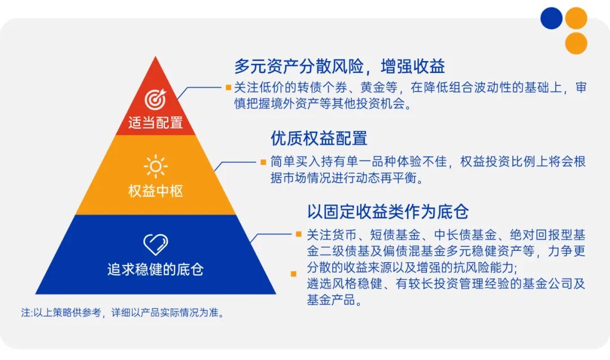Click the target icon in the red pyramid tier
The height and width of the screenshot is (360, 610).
(x=155, y=99)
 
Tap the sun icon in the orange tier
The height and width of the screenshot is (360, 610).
(x=155, y=167)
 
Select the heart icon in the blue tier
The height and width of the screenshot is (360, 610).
(x=155, y=244)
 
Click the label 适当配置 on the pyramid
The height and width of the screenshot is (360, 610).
(x=155, y=123)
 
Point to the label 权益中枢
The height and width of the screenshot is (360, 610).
(x=155, y=191)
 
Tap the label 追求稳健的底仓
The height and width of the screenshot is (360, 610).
(x=155, y=269)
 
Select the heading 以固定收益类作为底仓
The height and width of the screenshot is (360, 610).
(x=388, y=211)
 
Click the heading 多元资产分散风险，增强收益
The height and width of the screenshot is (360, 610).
(x=339, y=66)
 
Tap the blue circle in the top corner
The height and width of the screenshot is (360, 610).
(x=551, y=18)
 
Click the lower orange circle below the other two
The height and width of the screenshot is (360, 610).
(x=576, y=44)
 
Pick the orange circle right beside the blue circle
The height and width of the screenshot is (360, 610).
(x=576, y=18)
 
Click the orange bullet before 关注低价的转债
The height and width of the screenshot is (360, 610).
(x=228, y=88)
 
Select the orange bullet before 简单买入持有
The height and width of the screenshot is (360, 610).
(x=263, y=162)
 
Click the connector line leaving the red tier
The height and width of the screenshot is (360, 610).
(x=201, y=88)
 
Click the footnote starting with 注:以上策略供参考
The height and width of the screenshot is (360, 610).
(x=123, y=313)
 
